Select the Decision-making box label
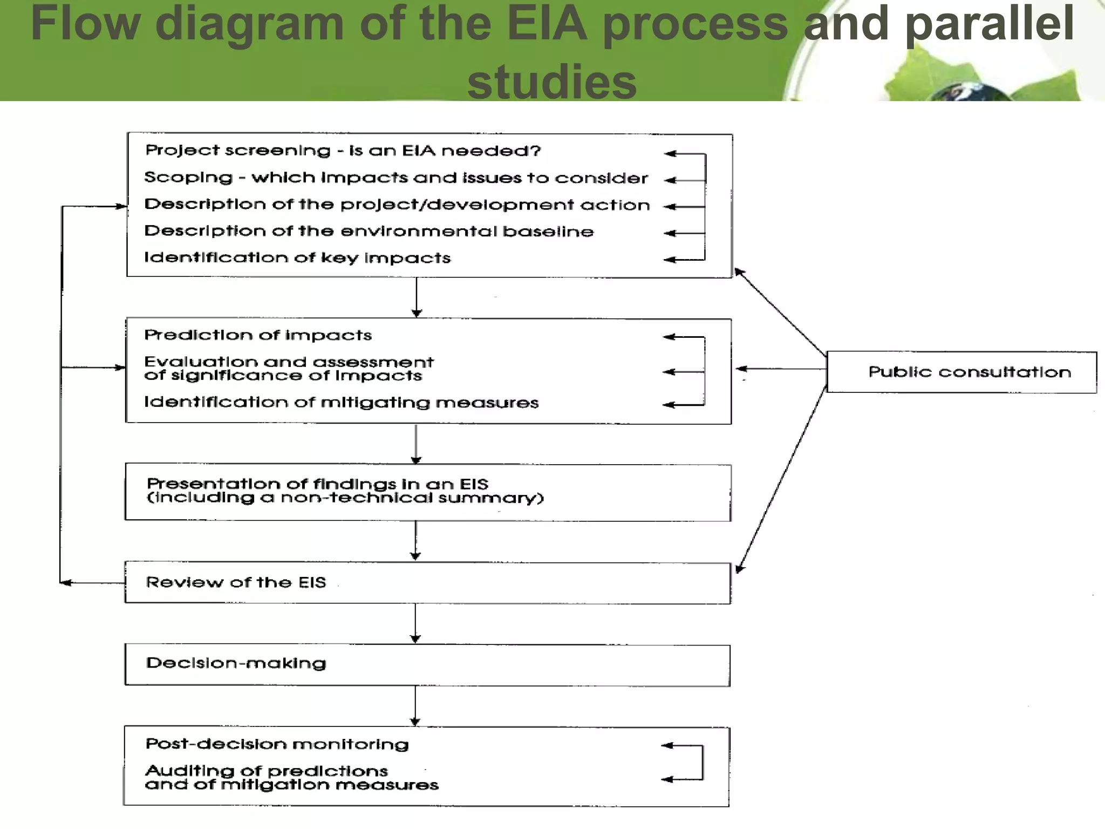(x=236, y=663)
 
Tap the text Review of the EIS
(x=236, y=582)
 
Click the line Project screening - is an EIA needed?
(x=343, y=151)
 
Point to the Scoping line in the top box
(x=395, y=178)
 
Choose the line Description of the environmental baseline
(x=369, y=231)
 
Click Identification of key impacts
(x=297, y=257)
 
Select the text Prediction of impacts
(x=257, y=335)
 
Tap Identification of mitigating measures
(x=341, y=403)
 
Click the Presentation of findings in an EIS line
(x=317, y=484)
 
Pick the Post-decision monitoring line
(x=277, y=744)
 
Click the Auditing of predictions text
(x=267, y=771)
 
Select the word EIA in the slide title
(x=547, y=24)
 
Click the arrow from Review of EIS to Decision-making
(x=415, y=623)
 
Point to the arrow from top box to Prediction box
(x=416, y=297)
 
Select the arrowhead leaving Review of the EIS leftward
(x=66, y=583)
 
